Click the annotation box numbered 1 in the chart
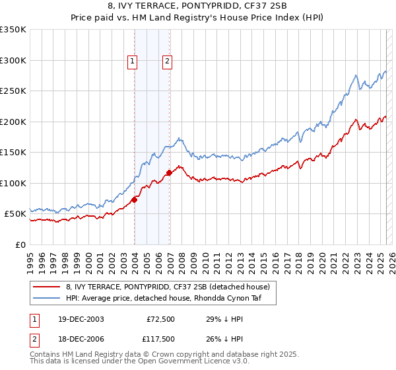(133, 61)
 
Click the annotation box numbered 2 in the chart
(167, 61)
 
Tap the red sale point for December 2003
(135, 200)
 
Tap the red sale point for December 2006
(170, 172)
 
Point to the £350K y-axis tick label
(13, 30)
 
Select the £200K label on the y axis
(13, 122)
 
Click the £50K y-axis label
(16, 214)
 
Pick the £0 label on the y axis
(20, 244)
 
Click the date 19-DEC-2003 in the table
(81, 319)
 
